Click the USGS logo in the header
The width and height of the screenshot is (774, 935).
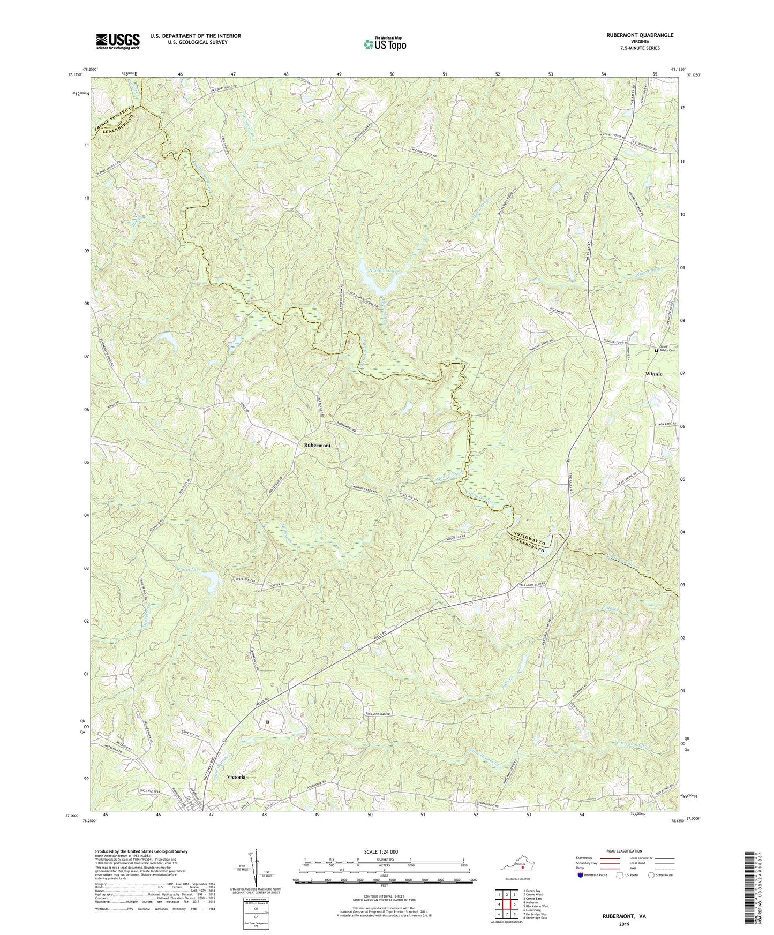[118, 41]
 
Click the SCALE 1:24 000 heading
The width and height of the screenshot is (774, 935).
[384, 851]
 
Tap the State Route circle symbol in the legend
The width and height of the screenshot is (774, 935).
[651, 875]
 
